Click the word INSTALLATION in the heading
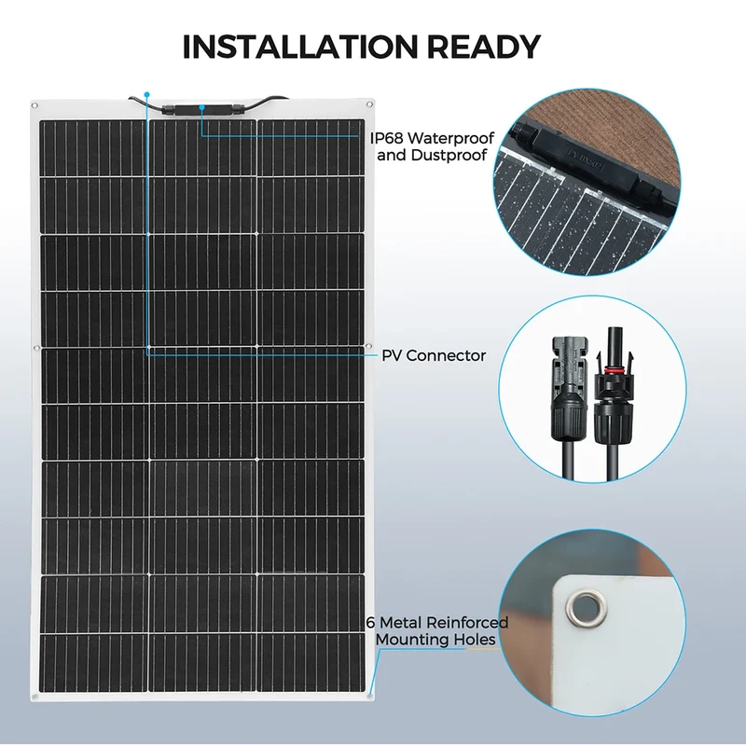[299, 47]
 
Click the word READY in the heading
[483, 47]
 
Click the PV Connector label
[434, 355]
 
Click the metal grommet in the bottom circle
[584, 608]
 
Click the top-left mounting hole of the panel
[35, 105]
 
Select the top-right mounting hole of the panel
[369, 104]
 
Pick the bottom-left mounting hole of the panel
[35, 697]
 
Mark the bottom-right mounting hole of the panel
[369, 696]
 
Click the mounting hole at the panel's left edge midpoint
[35, 348]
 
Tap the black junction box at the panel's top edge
[203, 109]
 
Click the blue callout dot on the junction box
[202, 107]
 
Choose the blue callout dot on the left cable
[147, 95]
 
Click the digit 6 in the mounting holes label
[370, 622]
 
